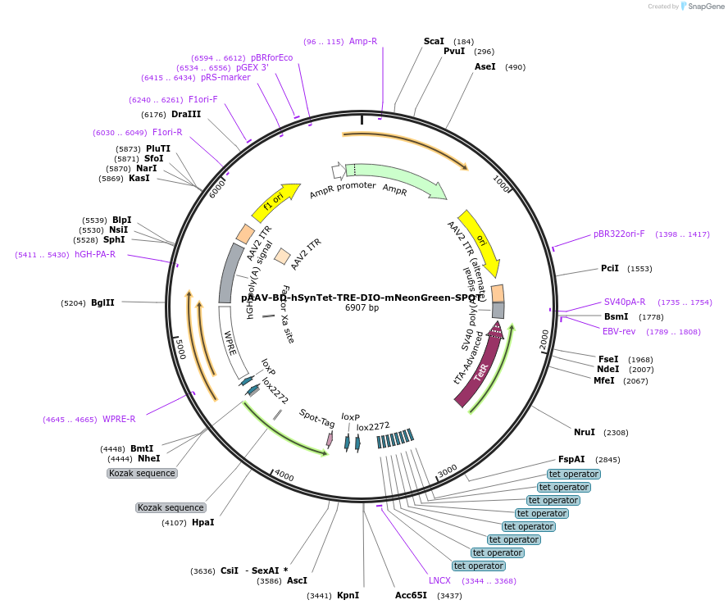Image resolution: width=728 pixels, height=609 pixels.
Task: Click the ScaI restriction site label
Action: [434, 41]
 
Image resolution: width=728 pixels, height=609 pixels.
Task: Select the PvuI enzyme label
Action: [454, 51]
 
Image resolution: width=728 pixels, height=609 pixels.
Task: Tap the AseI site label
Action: [485, 66]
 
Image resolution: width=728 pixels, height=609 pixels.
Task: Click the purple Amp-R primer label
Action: [363, 41]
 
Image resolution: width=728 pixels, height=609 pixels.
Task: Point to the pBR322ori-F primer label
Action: [619, 234]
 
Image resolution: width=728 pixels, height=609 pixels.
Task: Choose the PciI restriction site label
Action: [610, 268]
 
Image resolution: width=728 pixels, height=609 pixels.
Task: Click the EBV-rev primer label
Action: [619, 331]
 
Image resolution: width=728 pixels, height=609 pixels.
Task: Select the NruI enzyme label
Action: [584, 432]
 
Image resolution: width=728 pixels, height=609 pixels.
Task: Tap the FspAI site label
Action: [571, 459]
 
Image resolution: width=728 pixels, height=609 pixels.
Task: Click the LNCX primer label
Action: [439, 580]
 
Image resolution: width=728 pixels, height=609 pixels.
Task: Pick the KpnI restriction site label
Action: [348, 595]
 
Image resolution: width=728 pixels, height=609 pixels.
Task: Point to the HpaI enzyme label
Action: [202, 522]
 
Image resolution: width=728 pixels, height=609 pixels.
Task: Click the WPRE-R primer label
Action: [119, 419]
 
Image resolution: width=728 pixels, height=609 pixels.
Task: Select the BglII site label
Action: [102, 302]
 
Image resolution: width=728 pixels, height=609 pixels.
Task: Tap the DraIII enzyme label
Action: [186, 114]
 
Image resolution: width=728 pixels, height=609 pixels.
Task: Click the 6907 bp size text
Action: [362, 307]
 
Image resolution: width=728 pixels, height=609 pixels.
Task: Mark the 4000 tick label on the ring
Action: [284, 475]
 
